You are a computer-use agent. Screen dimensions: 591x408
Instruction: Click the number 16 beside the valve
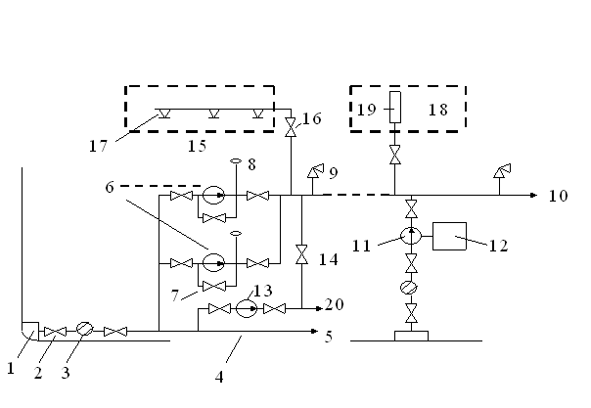pyautogui.click(x=312, y=118)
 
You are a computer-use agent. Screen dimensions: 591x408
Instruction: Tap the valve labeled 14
pyautogui.click(x=301, y=254)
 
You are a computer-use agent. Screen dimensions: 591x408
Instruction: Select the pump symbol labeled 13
pyautogui.click(x=247, y=308)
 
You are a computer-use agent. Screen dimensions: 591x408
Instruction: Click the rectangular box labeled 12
pyautogui.click(x=449, y=236)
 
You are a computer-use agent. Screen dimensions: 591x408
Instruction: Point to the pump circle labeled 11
pyautogui.click(x=411, y=236)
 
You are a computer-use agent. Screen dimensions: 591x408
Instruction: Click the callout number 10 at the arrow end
pyautogui.click(x=558, y=196)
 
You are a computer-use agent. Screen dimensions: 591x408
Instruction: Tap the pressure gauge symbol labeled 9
pyautogui.click(x=315, y=171)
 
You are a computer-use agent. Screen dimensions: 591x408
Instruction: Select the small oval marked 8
pyautogui.click(x=236, y=161)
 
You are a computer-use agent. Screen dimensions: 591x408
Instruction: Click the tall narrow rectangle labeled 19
pyautogui.click(x=395, y=107)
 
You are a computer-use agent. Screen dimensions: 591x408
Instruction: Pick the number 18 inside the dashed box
pyautogui.click(x=438, y=110)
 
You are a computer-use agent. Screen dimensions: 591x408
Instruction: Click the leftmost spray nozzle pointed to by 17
pyautogui.click(x=164, y=113)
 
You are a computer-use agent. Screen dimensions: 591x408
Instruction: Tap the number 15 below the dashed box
pyautogui.click(x=197, y=146)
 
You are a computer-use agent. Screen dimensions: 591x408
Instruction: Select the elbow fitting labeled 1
pyautogui.click(x=30, y=331)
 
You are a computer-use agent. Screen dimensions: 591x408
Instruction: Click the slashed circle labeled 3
pyautogui.click(x=84, y=329)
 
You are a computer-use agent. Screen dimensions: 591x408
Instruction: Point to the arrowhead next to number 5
pyautogui.click(x=314, y=331)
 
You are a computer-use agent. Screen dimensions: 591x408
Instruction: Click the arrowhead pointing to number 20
pyautogui.click(x=319, y=308)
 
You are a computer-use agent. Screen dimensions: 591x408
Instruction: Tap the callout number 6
pyautogui.click(x=110, y=187)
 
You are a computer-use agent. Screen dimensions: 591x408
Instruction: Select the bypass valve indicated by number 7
pyautogui.click(x=214, y=287)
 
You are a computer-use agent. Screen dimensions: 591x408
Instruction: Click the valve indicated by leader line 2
pyautogui.click(x=56, y=332)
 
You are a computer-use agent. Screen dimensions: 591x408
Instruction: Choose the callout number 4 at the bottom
pyautogui.click(x=219, y=377)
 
